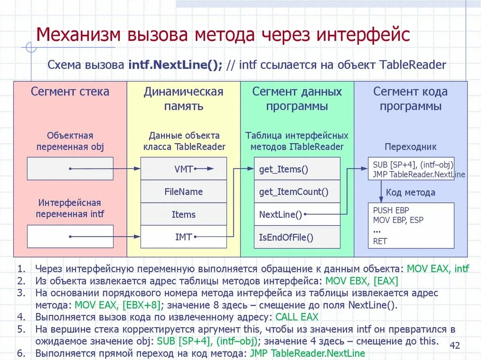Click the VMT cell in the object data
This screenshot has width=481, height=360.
(x=184, y=169)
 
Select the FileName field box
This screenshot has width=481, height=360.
(x=184, y=191)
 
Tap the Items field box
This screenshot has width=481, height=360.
(x=184, y=214)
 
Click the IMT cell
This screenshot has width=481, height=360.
(x=184, y=237)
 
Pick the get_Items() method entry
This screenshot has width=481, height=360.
(x=297, y=169)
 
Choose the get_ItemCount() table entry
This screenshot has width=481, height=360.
(x=297, y=191)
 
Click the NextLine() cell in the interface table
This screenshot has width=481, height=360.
(x=297, y=214)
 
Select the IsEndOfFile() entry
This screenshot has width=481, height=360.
(x=297, y=237)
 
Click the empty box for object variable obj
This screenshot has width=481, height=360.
(x=70, y=169)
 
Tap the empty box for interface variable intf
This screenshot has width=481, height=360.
(x=70, y=236)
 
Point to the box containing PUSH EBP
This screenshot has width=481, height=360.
(x=411, y=225)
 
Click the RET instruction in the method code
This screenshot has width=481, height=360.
(x=380, y=241)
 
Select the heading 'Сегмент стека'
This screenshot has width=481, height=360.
(x=70, y=92)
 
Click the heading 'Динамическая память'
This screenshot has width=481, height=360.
(x=184, y=99)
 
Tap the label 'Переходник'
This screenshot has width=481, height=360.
(x=411, y=147)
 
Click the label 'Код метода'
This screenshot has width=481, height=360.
(x=411, y=192)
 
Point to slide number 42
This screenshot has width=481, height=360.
(x=455, y=346)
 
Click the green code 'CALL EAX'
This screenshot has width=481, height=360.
(x=297, y=317)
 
